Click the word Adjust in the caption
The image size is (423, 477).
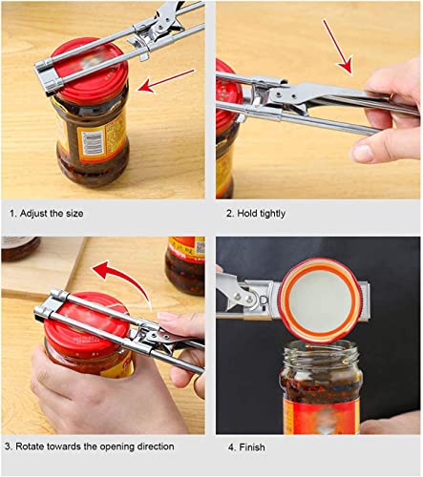(34, 214)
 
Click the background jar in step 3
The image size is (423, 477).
(185, 262)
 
